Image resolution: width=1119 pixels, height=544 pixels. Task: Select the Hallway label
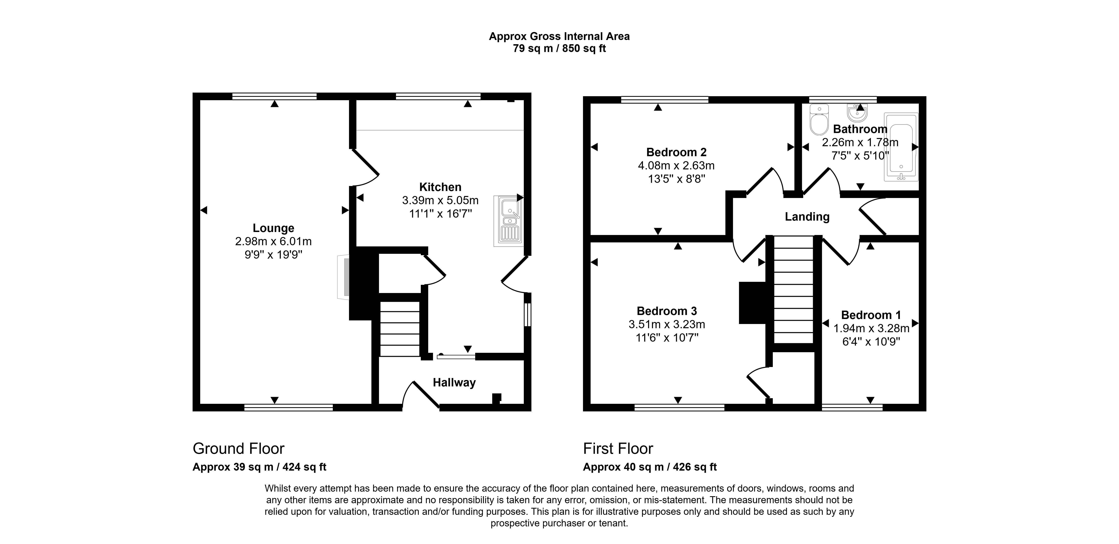tap(454, 382)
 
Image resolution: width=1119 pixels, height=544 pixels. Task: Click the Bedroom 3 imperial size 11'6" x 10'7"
tap(667, 338)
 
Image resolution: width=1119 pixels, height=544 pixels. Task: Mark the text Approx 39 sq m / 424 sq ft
tap(259, 467)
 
